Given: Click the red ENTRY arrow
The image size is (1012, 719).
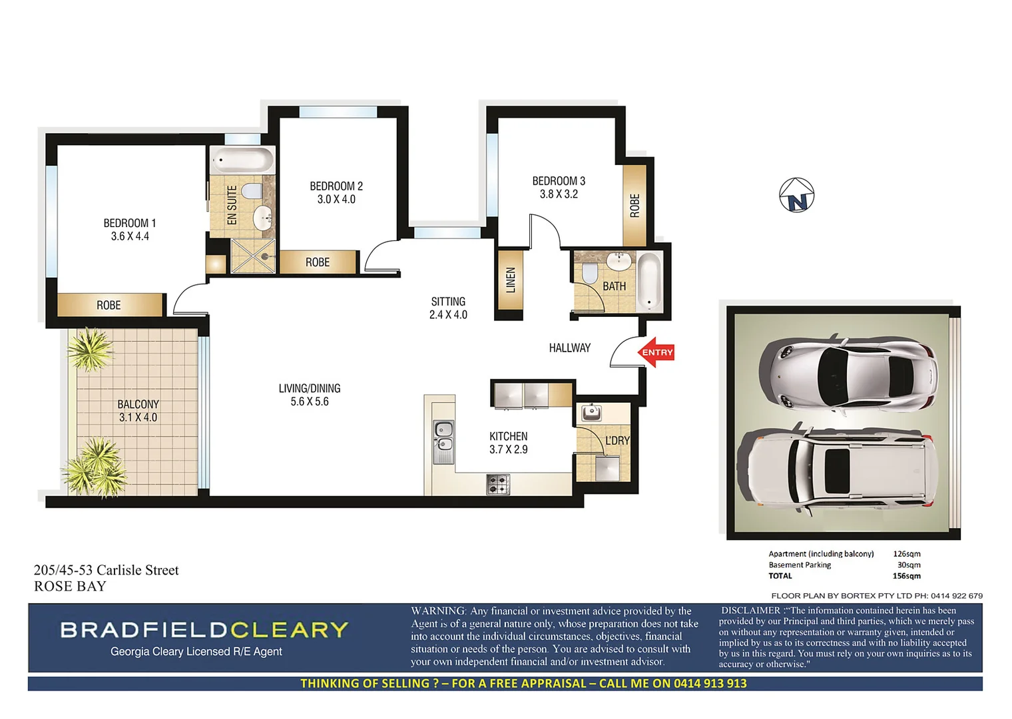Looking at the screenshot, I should (656, 353).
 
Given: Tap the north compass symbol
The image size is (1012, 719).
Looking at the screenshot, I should (796, 196).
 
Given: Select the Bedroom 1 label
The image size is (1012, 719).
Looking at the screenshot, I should (130, 223).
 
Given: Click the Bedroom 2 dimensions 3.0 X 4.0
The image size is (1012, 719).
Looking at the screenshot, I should (336, 200).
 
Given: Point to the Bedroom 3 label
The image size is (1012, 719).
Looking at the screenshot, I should (559, 181).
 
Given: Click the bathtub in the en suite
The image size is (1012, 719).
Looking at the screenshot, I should (242, 160).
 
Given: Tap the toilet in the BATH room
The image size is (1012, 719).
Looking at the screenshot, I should (589, 273).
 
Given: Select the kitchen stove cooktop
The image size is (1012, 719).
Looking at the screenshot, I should (497, 484).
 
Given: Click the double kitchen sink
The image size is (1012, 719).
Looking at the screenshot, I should (443, 437).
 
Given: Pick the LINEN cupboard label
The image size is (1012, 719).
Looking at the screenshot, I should (511, 280).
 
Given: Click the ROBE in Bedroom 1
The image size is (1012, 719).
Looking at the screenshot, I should (109, 305).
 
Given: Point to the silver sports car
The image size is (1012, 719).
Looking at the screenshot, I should (848, 375).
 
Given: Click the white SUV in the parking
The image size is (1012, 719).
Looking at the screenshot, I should (840, 469).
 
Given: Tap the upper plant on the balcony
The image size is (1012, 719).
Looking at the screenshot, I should (90, 349).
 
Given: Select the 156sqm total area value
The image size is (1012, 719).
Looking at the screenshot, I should (906, 576).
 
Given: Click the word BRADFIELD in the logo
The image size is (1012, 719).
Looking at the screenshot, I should (143, 630).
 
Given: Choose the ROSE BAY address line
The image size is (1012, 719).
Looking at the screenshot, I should (70, 587).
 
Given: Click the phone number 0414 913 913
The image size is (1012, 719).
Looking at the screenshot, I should (710, 684).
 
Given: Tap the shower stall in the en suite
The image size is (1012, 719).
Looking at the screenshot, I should (252, 256).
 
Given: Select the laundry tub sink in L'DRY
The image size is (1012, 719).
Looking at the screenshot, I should (591, 413).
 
